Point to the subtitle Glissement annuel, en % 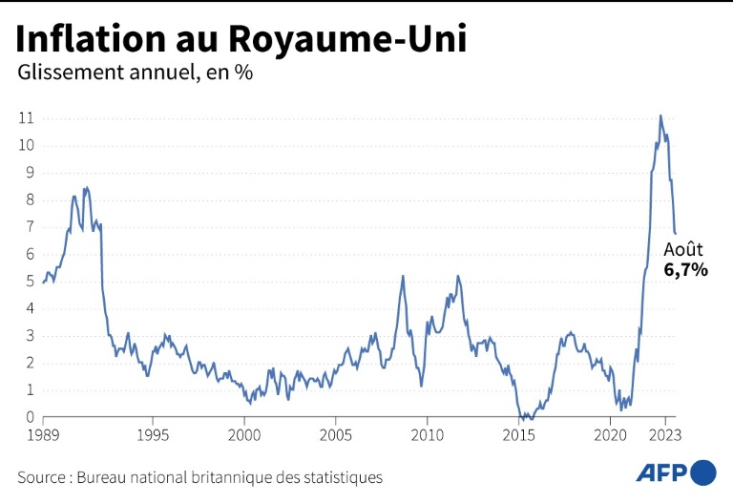click(x=135, y=73)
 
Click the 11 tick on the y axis click(x=27, y=118)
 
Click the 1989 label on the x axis click(x=43, y=434)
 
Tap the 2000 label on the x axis click(x=244, y=434)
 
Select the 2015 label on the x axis click(x=518, y=434)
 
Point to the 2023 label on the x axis click(x=664, y=434)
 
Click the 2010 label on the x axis click(x=427, y=434)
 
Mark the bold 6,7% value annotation click(x=685, y=270)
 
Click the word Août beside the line click(x=682, y=249)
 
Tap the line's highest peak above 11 click(x=660, y=116)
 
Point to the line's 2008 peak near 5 click(x=403, y=276)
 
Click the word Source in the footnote click(x=42, y=476)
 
